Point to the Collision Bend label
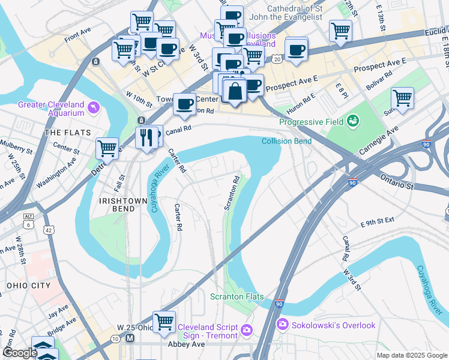click(286, 141)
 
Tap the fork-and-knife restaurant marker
click(147, 138)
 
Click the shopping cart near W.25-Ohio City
click(163, 321)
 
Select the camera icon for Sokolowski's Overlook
click(282, 325)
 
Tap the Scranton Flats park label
click(232, 296)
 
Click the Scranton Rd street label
click(232, 192)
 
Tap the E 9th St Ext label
click(378, 221)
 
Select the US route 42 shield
click(47, 229)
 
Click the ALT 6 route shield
click(28, 219)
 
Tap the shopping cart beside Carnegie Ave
click(402, 98)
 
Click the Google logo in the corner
click(19, 353)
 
